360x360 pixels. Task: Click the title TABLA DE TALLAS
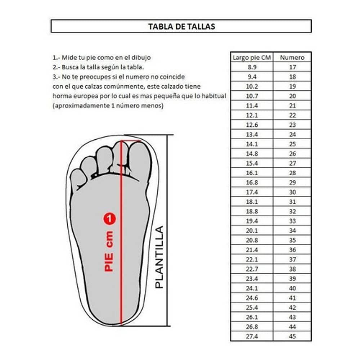pyautogui.click(x=181, y=26)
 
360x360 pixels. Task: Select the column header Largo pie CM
pyautogui.click(x=252, y=57)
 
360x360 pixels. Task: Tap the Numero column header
pyautogui.click(x=292, y=57)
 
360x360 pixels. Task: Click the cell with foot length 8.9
pyautogui.click(x=252, y=67)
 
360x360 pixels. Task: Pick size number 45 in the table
pyautogui.click(x=292, y=337)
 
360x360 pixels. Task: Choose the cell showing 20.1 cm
pyautogui.click(x=252, y=230)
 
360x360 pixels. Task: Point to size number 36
pyautogui.click(x=292, y=250)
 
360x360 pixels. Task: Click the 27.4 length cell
pyautogui.click(x=252, y=337)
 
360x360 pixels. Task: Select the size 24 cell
pyautogui.click(x=292, y=134)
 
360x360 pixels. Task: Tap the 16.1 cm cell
pyautogui.click(x=252, y=173)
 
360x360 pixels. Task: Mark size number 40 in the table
pyautogui.click(x=292, y=288)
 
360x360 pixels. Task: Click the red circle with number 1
pyautogui.click(x=109, y=219)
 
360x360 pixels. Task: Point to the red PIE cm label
pyautogui.click(x=109, y=251)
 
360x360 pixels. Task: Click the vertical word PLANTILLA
pyautogui.click(x=159, y=257)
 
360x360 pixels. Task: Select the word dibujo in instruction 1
pyautogui.click(x=141, y=57)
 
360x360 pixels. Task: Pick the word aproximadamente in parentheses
pyautogui.click(x=79, y=106)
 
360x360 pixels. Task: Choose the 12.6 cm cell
pyautogui.click(x=252, y=125)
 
